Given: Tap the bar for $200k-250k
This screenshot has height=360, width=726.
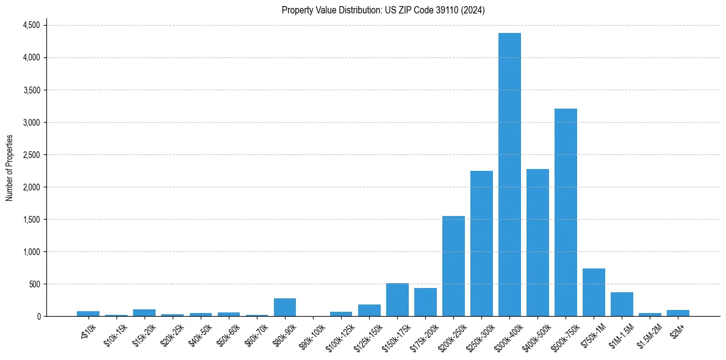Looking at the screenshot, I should point(453,266).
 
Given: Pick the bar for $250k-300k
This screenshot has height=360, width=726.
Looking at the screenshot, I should point(481,243).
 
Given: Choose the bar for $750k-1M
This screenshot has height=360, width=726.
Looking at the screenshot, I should point(594,292).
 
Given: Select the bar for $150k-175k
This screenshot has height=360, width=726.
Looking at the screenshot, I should point(397,300).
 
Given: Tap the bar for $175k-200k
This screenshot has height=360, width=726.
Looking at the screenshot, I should point(425,302).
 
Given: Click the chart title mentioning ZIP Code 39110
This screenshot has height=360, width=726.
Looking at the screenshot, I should point(383,10).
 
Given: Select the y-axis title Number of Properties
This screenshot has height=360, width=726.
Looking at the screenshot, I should point(10,168).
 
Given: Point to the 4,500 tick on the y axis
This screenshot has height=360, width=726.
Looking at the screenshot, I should point(31,25).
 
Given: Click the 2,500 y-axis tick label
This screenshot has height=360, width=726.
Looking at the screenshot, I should point(31,154).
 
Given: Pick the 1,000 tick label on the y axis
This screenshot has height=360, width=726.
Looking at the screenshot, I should point(31,251).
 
